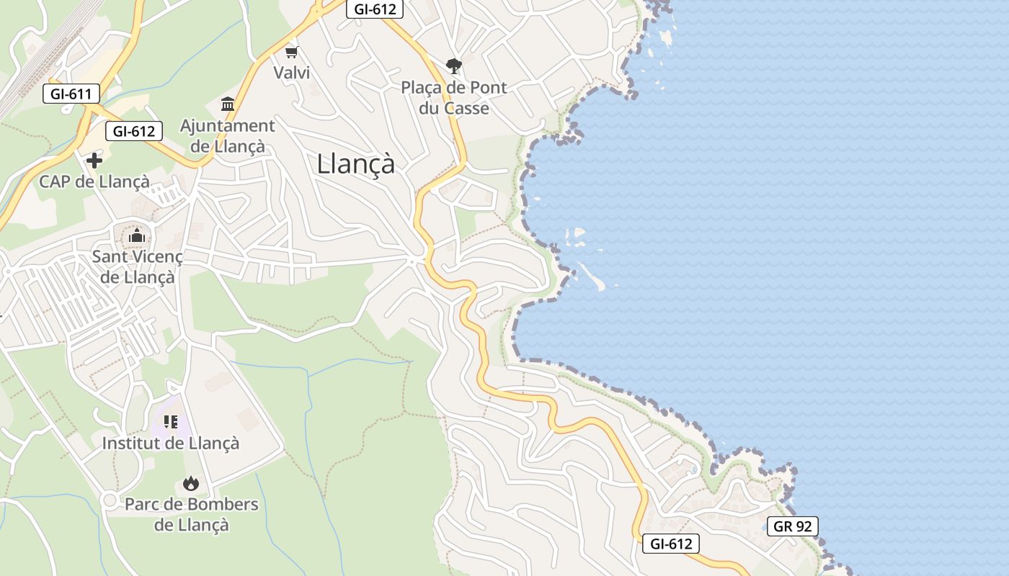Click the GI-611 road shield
click(x=71, y=94)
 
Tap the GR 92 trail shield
click(x=792, y=526)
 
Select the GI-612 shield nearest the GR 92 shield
click(x=671, y=544)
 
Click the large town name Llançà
click(x=356, y=164)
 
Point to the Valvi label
click(x=291, y=73)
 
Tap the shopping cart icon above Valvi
click(x=292, y=52)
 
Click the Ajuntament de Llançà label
click(x=228, y=136)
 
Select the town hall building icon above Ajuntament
click(x=228, y=104)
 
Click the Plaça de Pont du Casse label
click(x=454, y=98)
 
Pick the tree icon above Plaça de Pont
click(x=453, y=66)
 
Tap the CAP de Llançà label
click(x=94, y=181)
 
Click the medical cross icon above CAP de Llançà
click(x=94, y=161)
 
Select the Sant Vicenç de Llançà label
click(x=137, y=266)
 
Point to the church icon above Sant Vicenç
click(x=137, y=235)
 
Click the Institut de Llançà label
click(x=170, y=443)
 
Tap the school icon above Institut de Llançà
click(x=170, y=422)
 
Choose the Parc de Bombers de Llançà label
click(x=191, y=514)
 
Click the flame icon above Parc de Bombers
click(x=191, y=483)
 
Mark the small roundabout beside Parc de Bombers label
click(x=110, y=500)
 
